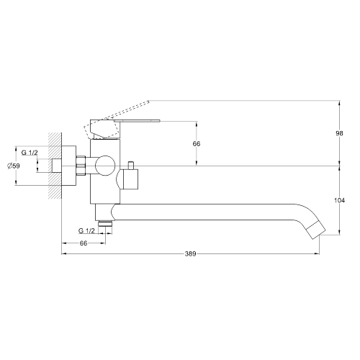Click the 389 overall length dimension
click(191, 253)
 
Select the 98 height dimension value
click(339, 133)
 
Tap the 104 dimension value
click(339, 200)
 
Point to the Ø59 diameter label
click(14, 166)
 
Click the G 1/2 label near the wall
click(30, 153)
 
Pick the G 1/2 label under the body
click(86, 231)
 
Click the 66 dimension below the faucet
click(84, 243)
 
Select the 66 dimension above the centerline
click(197, 144)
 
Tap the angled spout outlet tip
click(316, 230)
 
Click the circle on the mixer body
click(105, 166)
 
